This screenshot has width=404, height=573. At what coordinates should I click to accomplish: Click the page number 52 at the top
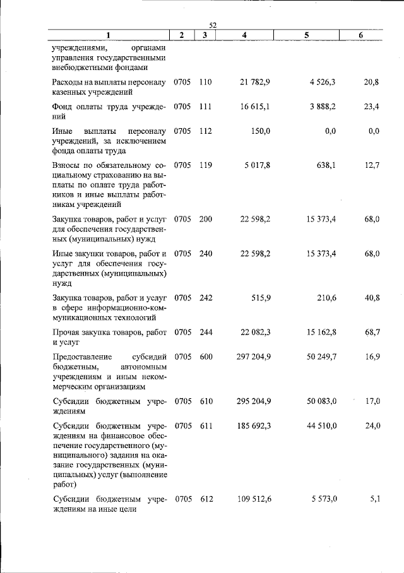(213, 25)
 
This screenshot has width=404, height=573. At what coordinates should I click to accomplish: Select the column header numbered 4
(244, 35)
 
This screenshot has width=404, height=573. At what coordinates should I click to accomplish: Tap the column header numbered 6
(360, 35)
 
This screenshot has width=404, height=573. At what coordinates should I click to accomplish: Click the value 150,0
(259, 131)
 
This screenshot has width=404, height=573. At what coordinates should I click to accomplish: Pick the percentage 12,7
(372, 166)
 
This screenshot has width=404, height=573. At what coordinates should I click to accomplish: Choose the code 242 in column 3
(205, 298)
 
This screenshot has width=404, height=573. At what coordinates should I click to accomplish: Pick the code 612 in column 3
(205, 499)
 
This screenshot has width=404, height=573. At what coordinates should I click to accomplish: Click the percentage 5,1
(375, 499)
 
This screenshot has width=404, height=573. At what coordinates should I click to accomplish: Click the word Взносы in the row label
(66, 166)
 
